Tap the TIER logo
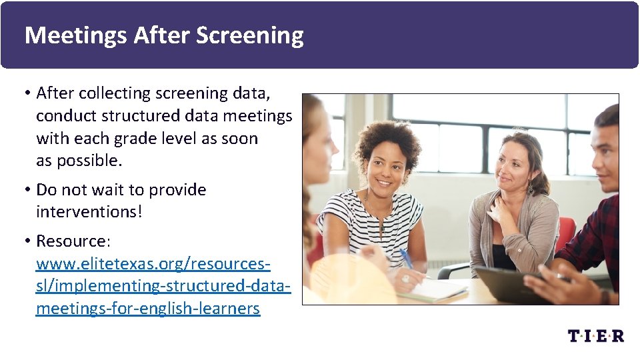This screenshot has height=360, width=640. point(596,335)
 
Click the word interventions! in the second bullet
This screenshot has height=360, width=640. point(89,212)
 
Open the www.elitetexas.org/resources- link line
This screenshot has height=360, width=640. point(153,263)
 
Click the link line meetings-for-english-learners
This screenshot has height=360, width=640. point(147,309)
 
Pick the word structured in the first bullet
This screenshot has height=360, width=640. point(142,116)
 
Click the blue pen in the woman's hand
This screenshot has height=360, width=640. point(406,258)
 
